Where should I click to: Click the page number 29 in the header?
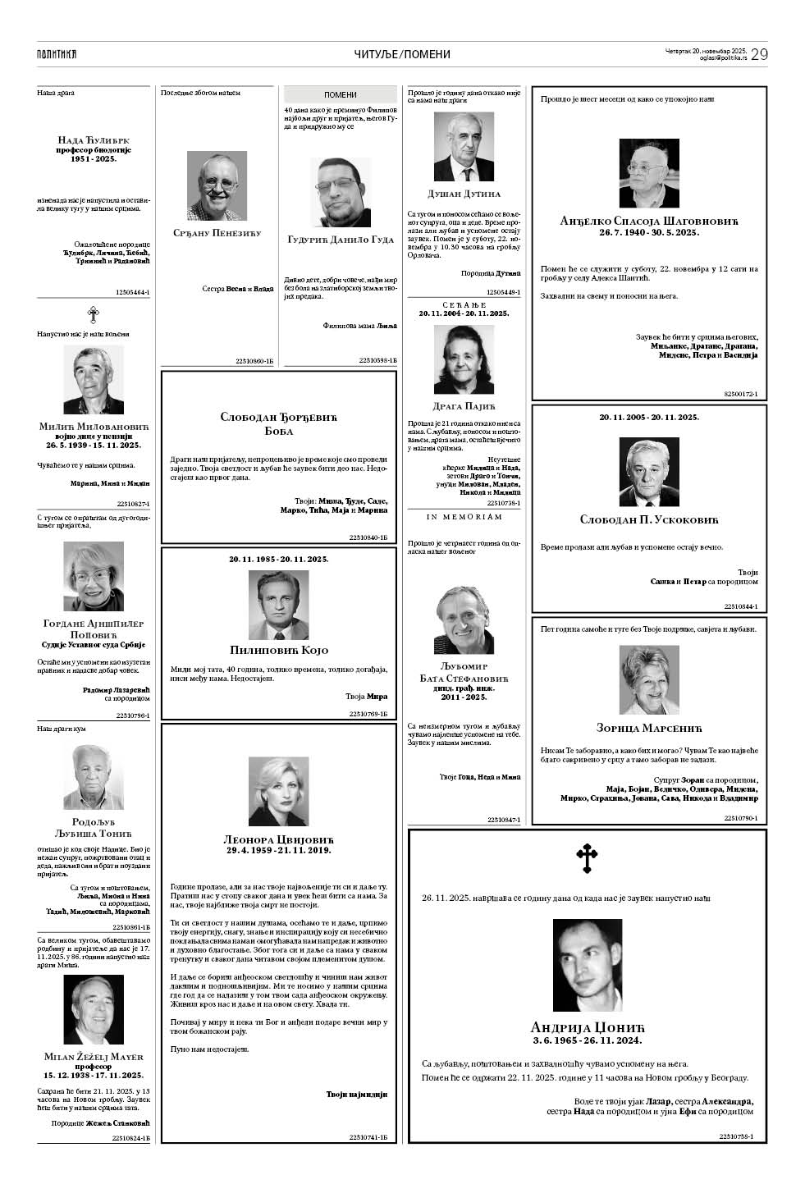758,54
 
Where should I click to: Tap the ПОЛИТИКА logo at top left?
57,54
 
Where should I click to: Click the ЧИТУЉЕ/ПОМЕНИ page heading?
402,54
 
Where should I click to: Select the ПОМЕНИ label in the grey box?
341,95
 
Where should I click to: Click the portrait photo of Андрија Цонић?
587,965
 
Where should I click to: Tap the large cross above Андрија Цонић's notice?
587,858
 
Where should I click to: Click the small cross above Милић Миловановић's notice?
94,314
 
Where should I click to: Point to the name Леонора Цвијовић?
279,839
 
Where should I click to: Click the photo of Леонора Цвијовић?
279,791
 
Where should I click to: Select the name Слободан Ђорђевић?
279,417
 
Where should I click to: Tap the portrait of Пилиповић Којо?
279,605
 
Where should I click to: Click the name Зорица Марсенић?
649,728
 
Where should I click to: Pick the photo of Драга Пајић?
464,360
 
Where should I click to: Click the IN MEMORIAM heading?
464,517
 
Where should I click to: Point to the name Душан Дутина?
464,194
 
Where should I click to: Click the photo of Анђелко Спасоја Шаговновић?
649,173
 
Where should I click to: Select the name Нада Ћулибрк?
94,140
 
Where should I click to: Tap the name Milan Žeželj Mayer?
94,1056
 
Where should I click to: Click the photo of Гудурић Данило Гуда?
341,193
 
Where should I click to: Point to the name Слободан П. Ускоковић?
649,519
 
